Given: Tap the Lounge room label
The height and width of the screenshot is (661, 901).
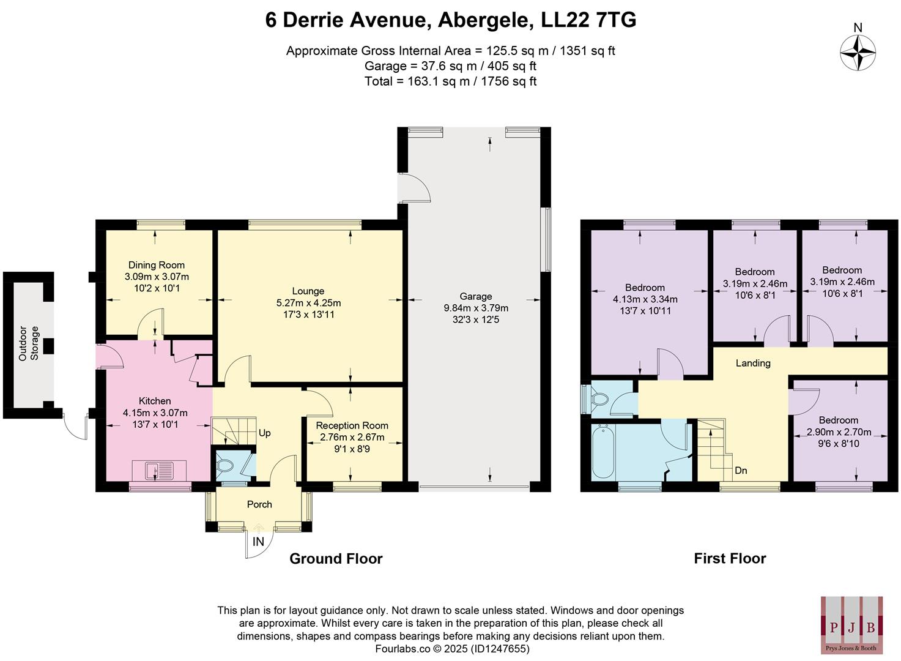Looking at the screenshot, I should [308, 291].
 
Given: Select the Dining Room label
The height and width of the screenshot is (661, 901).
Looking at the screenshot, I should [156, 265].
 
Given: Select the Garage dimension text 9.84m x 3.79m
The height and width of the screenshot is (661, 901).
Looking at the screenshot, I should [476, 308].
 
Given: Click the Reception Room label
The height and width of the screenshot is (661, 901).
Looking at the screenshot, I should [352, 425].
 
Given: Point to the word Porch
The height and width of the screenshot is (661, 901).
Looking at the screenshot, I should [259, 504].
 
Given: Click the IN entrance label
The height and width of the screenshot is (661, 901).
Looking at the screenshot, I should [258, 542].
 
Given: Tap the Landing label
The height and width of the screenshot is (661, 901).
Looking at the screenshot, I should [752, 363].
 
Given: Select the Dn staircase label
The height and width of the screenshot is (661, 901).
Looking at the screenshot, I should [741, 471].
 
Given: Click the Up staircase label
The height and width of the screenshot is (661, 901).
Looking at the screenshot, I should [264, 433].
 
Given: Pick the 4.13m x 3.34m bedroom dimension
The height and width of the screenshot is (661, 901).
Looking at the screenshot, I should [645, 299].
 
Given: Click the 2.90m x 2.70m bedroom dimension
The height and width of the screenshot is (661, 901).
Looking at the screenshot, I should [838, 431].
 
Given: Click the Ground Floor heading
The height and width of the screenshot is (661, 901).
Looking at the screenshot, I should [336, 558].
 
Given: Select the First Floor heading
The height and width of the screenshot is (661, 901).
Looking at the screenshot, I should [730, 558].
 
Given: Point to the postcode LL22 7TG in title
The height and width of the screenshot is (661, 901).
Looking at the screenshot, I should [588, 20].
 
